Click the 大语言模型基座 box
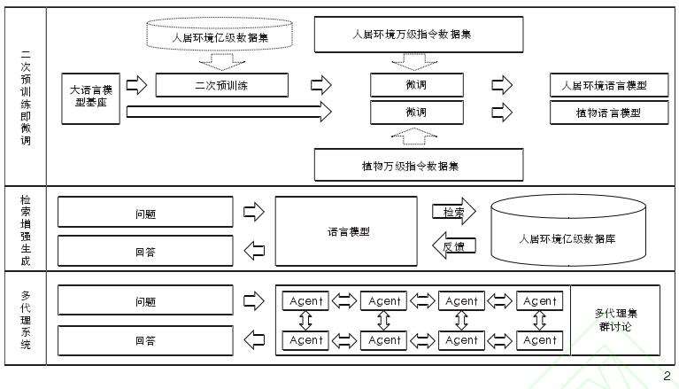click(90, 97)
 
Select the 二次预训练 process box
click(221, 85)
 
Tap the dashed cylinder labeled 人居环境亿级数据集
click(221, 37)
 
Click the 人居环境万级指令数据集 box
click(418, 35)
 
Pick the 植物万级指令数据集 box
click(418, 165)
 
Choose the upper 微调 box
click(415, 85)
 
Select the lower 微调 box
click(415, 113)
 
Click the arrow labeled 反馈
click(453, 245)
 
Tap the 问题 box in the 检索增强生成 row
click(145, 213)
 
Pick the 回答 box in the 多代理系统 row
click(145, 339)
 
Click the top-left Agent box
click(306, 301)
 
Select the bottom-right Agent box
click(539, 339)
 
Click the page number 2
click(667, 377)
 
